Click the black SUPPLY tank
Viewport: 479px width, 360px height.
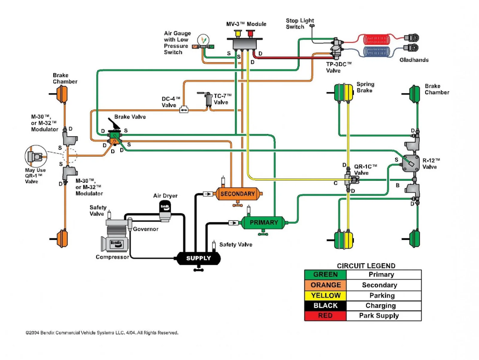[x=198, y=258]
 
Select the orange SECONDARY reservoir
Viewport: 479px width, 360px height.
[x=238, y=194]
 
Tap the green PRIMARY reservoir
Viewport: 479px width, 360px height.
[x=263, y=222]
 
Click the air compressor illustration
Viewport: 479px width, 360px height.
[x=117, y=238]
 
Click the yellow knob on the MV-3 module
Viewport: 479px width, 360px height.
[x=237, y=33]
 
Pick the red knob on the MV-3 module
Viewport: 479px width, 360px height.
[x=250, y=33]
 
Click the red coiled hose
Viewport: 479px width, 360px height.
[x=381, y=38]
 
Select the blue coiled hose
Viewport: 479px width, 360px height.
[x=381, y=50]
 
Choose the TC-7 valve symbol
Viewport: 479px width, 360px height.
[x=209, y=100]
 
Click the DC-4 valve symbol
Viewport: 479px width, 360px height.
[x=184, y=109]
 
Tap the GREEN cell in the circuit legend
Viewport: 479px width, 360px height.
[x=325, y=275]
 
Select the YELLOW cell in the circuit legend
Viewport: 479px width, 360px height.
[x=325, y=295]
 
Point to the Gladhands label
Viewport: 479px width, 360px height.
[x=414, y=60]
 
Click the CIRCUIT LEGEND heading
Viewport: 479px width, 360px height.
[x=366, y=266]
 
